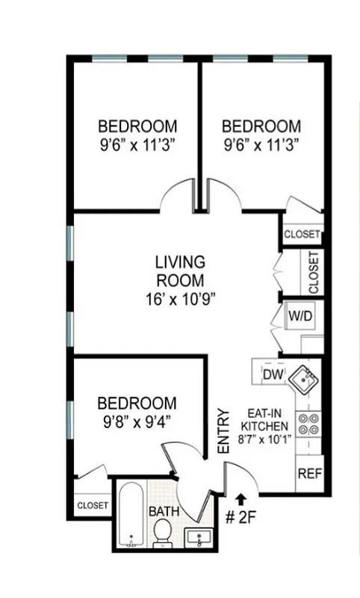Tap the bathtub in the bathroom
133,515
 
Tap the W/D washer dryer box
301,316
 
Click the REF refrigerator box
309,473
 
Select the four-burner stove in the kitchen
308,424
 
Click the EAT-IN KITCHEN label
264,419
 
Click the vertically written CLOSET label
314,272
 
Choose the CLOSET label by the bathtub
92,505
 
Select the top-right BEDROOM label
261,126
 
